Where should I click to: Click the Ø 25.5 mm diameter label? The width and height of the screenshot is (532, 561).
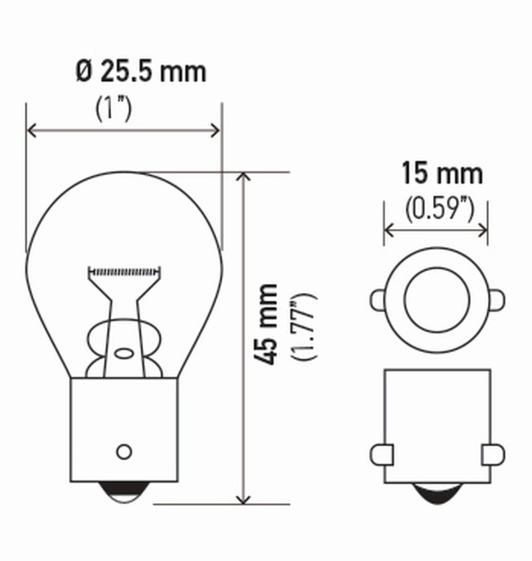pyautogui.click(x=140, y=71)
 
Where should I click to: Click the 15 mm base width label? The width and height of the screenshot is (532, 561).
pyautogui.click(x=441, y=174)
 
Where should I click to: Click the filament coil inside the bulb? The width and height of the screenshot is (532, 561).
pyautogui.click(x=125, y=272)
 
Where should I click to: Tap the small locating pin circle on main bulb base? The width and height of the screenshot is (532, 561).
pyautogui.click(x=124, y=451)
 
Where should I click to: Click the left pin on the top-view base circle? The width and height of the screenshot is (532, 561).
pyautogui.click(x=377, y=299)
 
